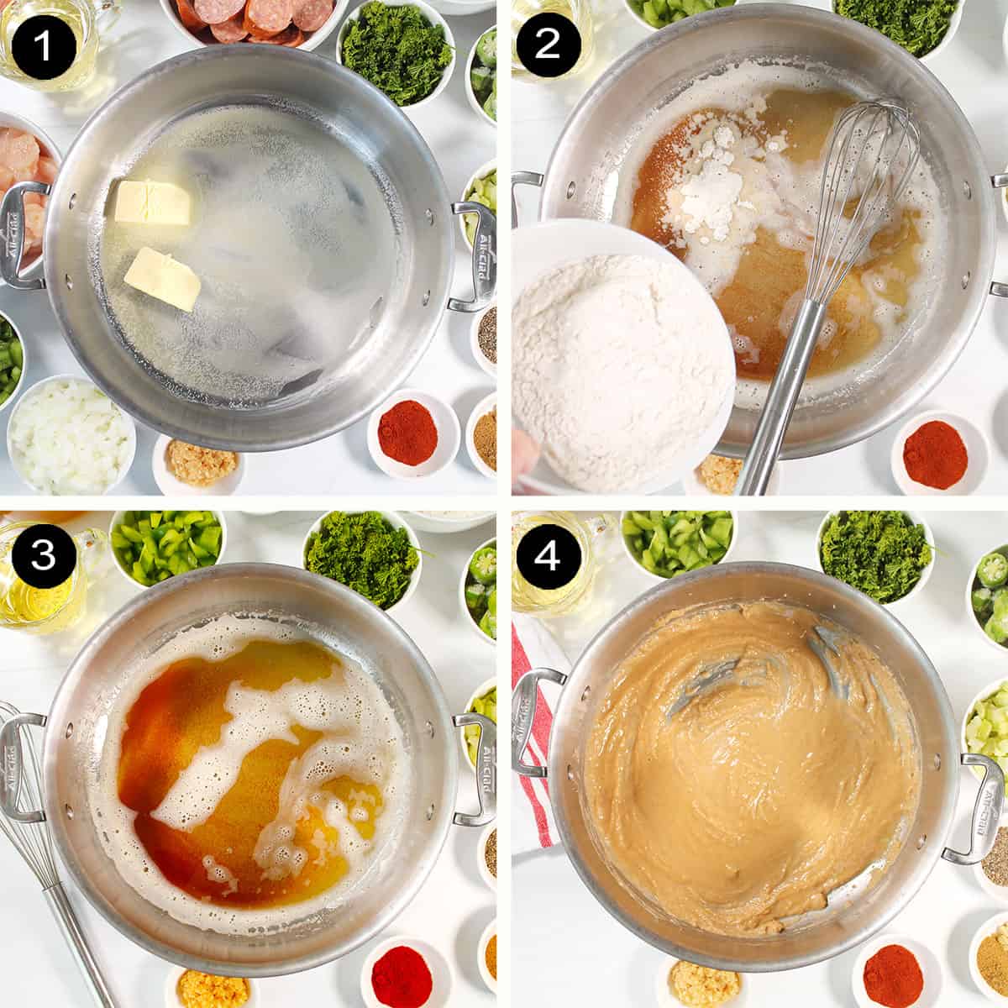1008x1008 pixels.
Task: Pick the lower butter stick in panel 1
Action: pyautogui.click(x=163, y=278)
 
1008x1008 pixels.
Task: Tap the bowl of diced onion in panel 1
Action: pyautogui.click(x=71, y=434)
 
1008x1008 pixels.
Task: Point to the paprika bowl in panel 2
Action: pyautogui.click(x=934, y=454)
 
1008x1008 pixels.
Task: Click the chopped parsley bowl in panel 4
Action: pyautogui.click(x=875, y=554)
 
